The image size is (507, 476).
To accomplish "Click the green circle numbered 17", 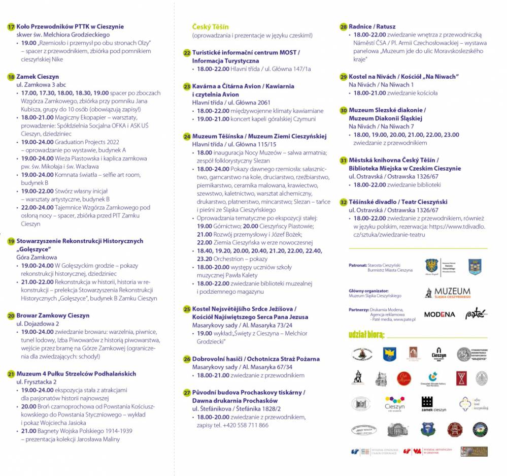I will pyautogui.click(x=11, y=26).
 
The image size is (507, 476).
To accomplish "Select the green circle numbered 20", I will pyautogui.click(x=11, y=315).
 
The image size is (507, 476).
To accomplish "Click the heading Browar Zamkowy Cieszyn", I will pyautogui.click(x=53, y=315).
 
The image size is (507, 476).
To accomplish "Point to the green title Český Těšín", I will pyautogui.click(x=211, y=26).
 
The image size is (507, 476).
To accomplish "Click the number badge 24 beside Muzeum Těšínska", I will pyautogui.click(x=187, y=137).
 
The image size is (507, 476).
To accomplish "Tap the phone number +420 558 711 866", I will pyautogui.click(x=246, y=425).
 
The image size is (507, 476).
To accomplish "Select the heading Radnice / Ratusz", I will pyautogui.click(x=372, y=26).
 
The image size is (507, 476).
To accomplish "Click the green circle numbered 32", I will pyautogui.click(x=344, y=202).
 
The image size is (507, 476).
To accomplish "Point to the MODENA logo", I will pyautogui.click(x=440, y=314).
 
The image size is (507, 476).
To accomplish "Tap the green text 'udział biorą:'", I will pyautogui.click(x=366, y=335).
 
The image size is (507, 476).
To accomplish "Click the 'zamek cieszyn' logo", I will pyautogui.click(x=433, y=404).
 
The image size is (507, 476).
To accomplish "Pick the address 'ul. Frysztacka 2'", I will pyautogui.click(x=37, y=382).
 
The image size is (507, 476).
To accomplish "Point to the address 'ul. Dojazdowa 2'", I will pyautogui.click(x=38, y=324).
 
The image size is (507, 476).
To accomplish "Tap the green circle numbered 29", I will pyautogui.click(x=344, y=77).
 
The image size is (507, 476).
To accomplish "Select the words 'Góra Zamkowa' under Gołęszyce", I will pyautogui.click(x=37, y=258).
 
